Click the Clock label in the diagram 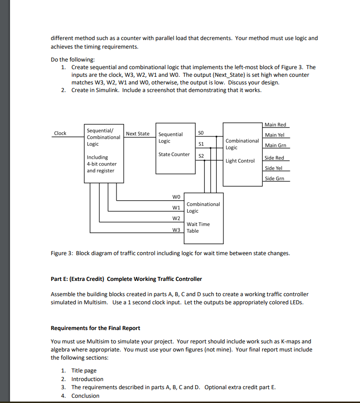[60, 133]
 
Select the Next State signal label [138, 134]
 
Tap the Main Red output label [275, 124]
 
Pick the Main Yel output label [275, 135]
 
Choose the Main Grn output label [275, 145]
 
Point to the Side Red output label [274, 157]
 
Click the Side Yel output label [274, 168]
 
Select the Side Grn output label [274, 178]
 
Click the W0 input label [176, 196]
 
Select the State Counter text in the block [174, 154]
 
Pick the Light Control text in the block [240, 161]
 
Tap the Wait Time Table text [198, 227]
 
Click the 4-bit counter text [101, 164]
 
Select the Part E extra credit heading [126, 279]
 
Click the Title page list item [84, 371]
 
